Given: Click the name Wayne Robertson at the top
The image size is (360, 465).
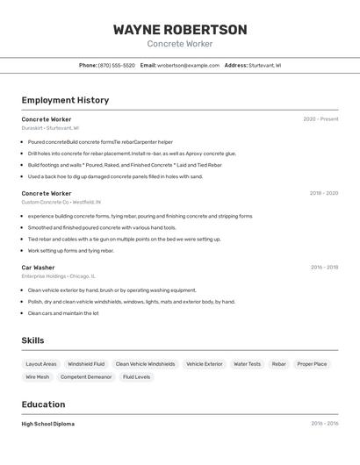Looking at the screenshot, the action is click(x=179, y=29).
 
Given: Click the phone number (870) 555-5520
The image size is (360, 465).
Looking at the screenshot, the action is click(x=117, y=65).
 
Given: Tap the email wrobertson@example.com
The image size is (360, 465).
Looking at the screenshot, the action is click(x=188, y=65).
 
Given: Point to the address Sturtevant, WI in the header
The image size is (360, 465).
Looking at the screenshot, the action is click(x=264, y=65).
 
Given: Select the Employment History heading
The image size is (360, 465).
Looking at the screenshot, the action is click(x=65, y=100).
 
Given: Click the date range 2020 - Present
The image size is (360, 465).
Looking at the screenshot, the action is click(x=320, y=119).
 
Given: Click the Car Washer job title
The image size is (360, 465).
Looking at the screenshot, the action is click(x=38, y=268).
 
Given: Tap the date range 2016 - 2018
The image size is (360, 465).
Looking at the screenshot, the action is click(x=324, y=268).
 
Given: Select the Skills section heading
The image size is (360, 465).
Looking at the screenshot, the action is click(x=32, y=340).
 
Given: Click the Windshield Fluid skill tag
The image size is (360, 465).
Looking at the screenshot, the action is click(x=86, y=364).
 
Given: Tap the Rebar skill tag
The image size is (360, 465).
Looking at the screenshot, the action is click(x=278, y=364).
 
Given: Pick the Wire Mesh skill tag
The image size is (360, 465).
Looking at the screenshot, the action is click(x=38, y=377).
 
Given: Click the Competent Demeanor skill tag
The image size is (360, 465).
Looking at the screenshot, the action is click(x=86, y=377).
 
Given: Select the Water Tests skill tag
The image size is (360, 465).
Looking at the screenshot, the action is click(x=247, y=364).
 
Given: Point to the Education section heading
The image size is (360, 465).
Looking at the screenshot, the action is click(x=43, y=404).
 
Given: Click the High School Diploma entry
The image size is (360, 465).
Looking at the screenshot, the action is click(x=48, y=424).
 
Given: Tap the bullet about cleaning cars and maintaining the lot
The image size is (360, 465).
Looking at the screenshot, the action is click(x=63, y=313).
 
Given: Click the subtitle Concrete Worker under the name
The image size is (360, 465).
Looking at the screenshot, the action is click(x=179, y=44).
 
